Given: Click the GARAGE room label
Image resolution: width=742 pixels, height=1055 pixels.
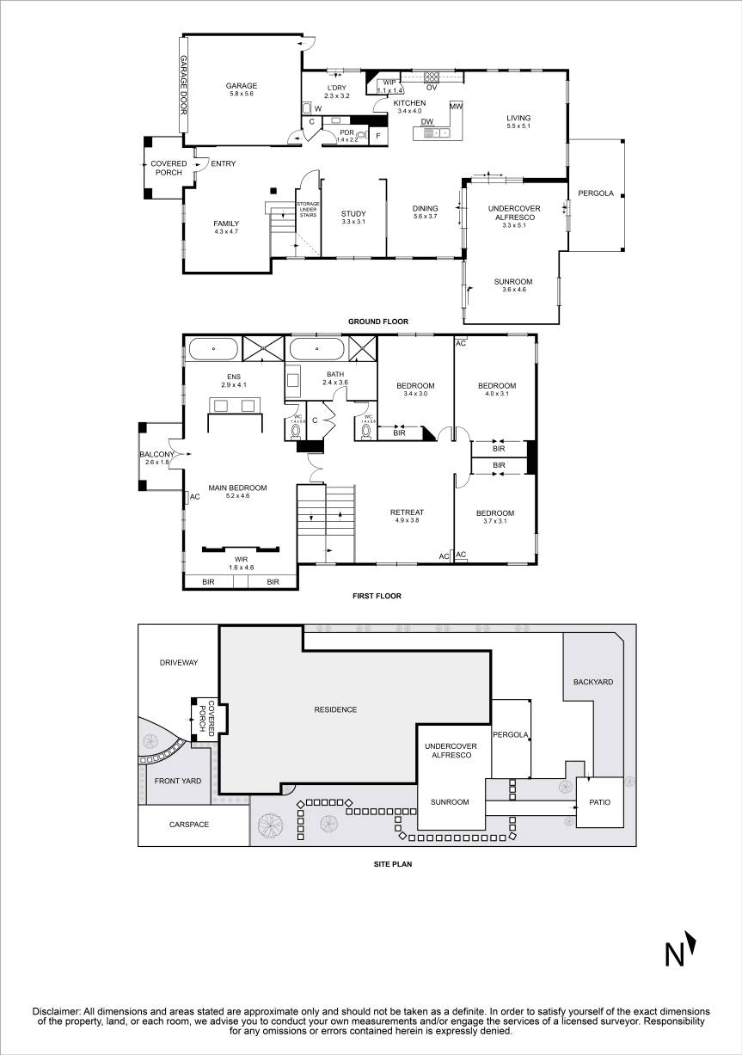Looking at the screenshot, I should pyautogui.click(x=242, y=86).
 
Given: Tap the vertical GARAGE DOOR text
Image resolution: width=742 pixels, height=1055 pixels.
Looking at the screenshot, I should pyautogui.click(x=183, y=85).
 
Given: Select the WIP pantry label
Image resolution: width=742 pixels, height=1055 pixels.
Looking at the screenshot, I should pyautogui.click(x=389, y=83).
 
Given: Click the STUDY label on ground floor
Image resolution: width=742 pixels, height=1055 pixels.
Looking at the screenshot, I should pyautogui.click(x=353, y=214).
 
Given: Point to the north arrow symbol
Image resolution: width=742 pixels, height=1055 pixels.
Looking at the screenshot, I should pyautogui.click(x=679, y=952).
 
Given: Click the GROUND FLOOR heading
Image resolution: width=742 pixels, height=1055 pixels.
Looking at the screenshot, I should pyautogui.click(x=377, y=322).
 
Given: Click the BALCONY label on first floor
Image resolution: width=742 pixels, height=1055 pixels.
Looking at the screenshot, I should pyautogui.click(x=156, y=455).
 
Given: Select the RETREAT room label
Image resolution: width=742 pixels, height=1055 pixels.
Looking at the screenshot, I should pyautogui.click(x=410, y=512).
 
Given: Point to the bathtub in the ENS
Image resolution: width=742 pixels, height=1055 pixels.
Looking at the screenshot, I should pyautogui.click(x=213, y=349).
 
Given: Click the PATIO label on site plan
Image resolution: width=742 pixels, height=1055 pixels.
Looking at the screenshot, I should pyautogui.click(x=600, y=802).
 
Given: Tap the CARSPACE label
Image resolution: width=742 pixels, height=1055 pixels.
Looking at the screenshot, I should pyautogui.click(x=189, y=824).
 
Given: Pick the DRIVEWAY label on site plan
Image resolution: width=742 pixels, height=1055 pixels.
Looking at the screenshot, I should pyautogui.click(x=179, y=663).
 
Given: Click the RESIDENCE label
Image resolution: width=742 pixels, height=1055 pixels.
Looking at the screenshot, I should pyautogui.click(x=334, y=709).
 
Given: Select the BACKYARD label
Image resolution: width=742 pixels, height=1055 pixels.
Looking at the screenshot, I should pyautogui.click(x=593, y=682).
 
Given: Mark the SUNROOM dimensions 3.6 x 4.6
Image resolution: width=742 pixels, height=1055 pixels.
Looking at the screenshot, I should pyautogui.click(x=512, y=290).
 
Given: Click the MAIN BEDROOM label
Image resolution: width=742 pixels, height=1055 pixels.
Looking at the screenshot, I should pyautogui.click(x=237, y=488).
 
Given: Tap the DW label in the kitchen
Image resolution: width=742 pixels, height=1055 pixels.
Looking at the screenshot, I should pyautogui.click(x=426, y=122).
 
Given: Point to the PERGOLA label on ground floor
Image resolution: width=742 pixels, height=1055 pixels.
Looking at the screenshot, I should pyautogui.click(x=596, y=193).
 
